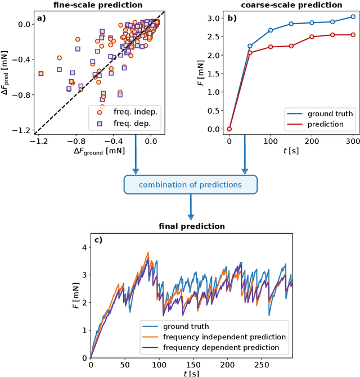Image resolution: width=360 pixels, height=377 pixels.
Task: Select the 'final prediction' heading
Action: (x=191, y=227)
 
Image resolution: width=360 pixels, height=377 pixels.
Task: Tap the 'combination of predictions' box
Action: (x=191, y=185)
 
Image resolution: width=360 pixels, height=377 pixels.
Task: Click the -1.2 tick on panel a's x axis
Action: (x=39, y=142)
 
